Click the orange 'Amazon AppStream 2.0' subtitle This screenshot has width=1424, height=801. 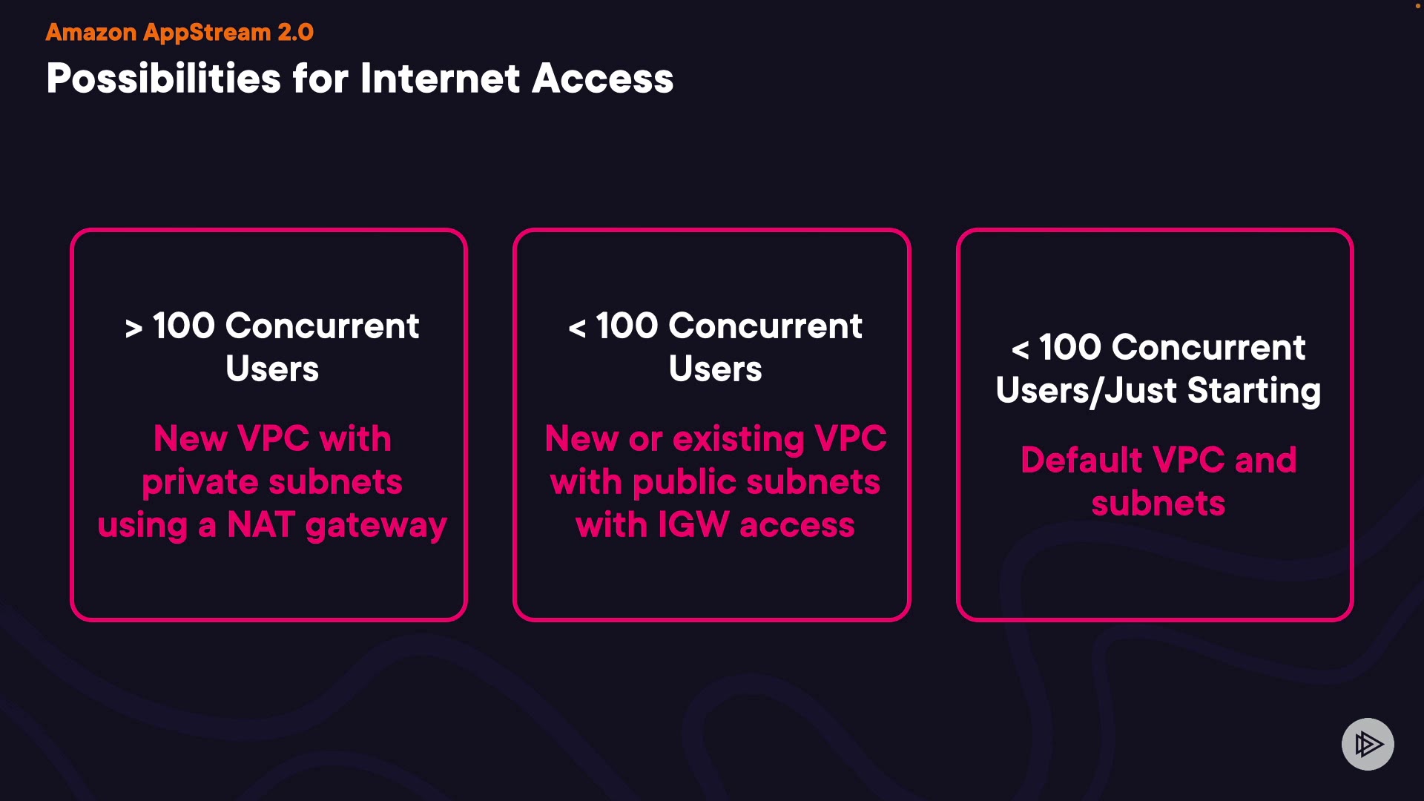(x=179, y=33)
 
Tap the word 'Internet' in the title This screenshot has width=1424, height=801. (x=440, y=79)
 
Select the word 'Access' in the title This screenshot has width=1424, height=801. (x=602, y=79)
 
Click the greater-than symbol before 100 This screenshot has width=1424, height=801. (x=133, y=328)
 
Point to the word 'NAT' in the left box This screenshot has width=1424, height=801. (x=261, y=525)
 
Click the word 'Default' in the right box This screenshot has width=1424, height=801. (x=1081, y=460)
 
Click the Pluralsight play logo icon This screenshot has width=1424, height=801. (x=1368, y=744)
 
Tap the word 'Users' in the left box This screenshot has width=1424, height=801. (x=272, y=369)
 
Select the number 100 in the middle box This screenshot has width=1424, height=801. (x=627, y=326)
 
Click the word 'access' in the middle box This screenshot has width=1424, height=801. (x=797, y=525)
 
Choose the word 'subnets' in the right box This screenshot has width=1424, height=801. (x=1158, y=504)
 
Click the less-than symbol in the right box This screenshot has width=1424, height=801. (x=1021, y=349)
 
